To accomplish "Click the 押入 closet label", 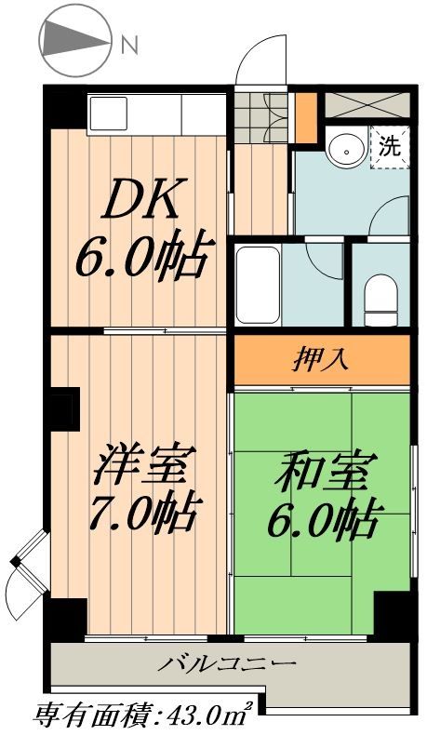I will pyautogui.click(x=322, y=359).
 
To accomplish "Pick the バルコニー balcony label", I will pyautogui.click(x=226, y=664).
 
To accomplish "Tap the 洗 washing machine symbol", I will pyautogui.click(x=391, y=146).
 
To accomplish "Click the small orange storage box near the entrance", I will pyautogui.click(x=305, y=117).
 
